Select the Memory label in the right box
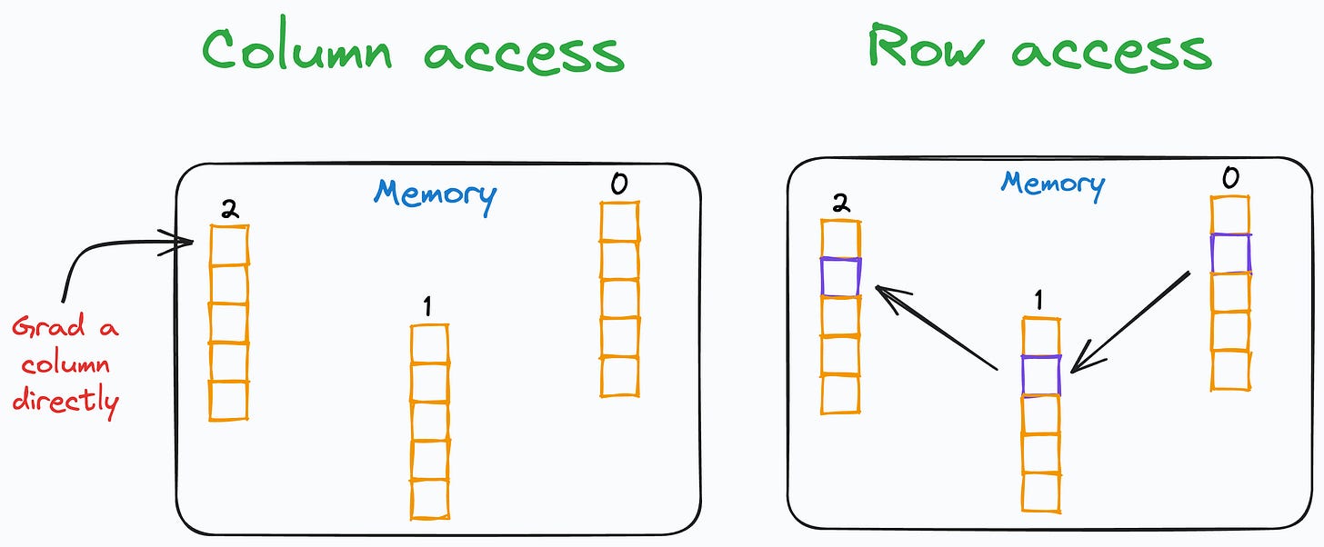pyautogui.click(x=1052, y=184)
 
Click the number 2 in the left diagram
pyautogui.click(x=229, y=210)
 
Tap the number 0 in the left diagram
pyautogui.click(x=618, y=184)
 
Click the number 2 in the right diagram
pyautogui.click(x=841, y=204)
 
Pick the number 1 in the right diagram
pyautogui.click(x=1039, y=300)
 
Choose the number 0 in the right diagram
pyautogui.click(x=1229, y=178)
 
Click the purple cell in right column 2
pyautogui.click(x=840, y=276)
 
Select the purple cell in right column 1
pyautogui.click(x=1040, y=374)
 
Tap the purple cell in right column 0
pyautogui.click(x=1230, y=254)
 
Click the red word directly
pyautogui.click(x=65, y=401)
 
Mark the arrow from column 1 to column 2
pyautogui.click(x=937, y=327)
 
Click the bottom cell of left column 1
pyautogui.click(x=429, y=498)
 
